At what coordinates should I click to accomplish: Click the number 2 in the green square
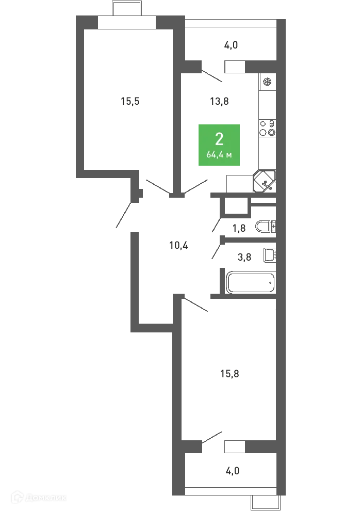click(220, 139)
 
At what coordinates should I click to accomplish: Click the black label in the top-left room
click(129, 101)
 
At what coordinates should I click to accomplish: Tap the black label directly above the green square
click(220, 101)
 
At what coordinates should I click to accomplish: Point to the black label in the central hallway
click(179, 246)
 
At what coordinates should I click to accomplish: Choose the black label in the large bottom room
click(228, 373)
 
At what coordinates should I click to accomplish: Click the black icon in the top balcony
click(231, 45)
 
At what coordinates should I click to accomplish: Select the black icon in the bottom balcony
click(231, 471)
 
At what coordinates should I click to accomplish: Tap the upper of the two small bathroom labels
click(239, 229)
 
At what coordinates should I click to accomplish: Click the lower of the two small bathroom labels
click(243, 258)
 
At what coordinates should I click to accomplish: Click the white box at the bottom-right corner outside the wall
click(266, 502)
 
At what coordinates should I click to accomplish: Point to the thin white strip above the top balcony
click(231, 23)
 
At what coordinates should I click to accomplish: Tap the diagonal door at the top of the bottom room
click(198, 305)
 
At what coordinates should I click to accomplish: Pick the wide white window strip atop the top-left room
click(126, 23)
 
